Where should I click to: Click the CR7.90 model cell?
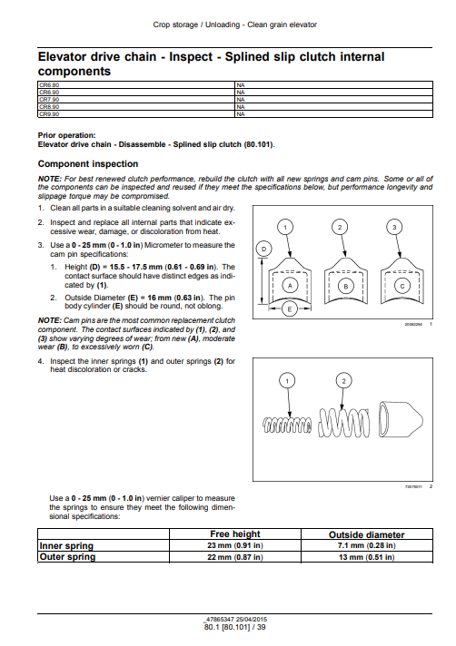135,99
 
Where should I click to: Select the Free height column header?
235,533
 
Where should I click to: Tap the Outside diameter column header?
367,534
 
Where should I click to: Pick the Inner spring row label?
66,546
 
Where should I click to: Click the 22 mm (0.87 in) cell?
235,557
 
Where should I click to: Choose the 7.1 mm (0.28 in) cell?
367,545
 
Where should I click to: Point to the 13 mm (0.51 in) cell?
367,557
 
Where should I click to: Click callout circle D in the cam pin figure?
263,249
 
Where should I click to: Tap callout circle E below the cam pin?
290,309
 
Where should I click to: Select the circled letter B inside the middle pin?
346,287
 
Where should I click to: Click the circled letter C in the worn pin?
402,286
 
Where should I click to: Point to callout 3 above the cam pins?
394,227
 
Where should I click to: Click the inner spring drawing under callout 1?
287,425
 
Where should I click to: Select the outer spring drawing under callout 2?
344,423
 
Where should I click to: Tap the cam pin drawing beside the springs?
400,418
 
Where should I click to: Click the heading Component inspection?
88,164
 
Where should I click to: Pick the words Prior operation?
67,135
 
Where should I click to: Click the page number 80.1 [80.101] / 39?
235,627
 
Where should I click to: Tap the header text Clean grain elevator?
282,24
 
